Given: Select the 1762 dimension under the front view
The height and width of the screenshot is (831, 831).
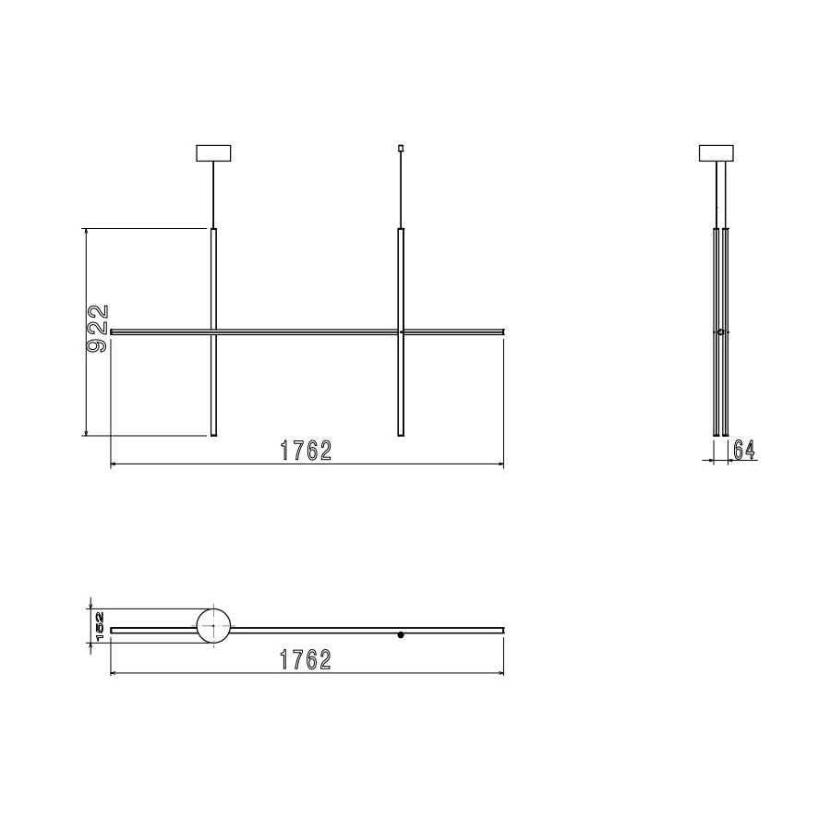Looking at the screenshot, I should pyautogui.click(x=306, y=452).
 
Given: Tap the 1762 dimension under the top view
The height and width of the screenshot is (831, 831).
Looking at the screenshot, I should pyautogui.click(x=306, y=660).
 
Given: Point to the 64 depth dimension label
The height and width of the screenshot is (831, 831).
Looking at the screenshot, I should pyautogui.click(x=744, y=450).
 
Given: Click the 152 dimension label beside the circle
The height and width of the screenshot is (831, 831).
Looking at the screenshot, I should pyautogui.click(x=99, y=626).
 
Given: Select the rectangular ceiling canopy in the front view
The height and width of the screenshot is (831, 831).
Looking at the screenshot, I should pyautogui.click(x=214, y=152).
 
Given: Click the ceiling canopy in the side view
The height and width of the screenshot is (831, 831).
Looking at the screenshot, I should pyautogui.click(x=717, y=152).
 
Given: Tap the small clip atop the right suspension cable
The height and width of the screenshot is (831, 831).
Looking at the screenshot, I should pyautogui.click(x=401, y=148).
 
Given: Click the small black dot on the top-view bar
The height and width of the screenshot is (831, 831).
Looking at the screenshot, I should pyautogui.click(x=401, y=635).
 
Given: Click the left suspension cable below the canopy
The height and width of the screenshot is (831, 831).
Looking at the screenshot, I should pyautogui.click(x=214, y=194).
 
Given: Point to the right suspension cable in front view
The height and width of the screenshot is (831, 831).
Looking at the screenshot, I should pyautogui.click(x=401, y=189).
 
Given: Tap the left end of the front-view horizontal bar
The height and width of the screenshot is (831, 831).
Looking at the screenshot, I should pyautogui.click(x=113, y=331).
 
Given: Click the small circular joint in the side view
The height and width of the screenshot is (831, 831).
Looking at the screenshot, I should pyautogui.click(x=720, y=331).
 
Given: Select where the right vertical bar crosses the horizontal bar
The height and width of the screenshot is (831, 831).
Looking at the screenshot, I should pyautogui.click(x=401, y=331).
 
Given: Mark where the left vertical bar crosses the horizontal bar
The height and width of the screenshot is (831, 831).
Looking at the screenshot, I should pyautogui.click(x=214, y=331).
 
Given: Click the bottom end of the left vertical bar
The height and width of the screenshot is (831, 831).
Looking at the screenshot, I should pyautogui.click(x=214, y=434).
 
